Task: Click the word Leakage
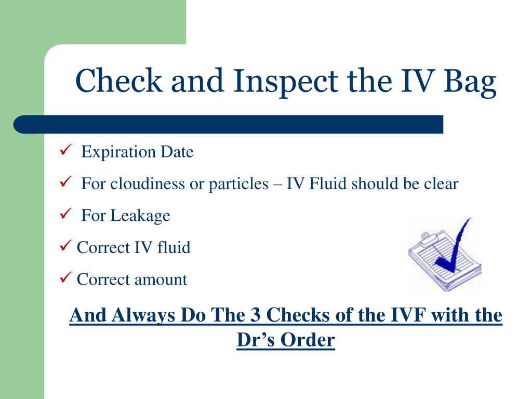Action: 140,216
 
